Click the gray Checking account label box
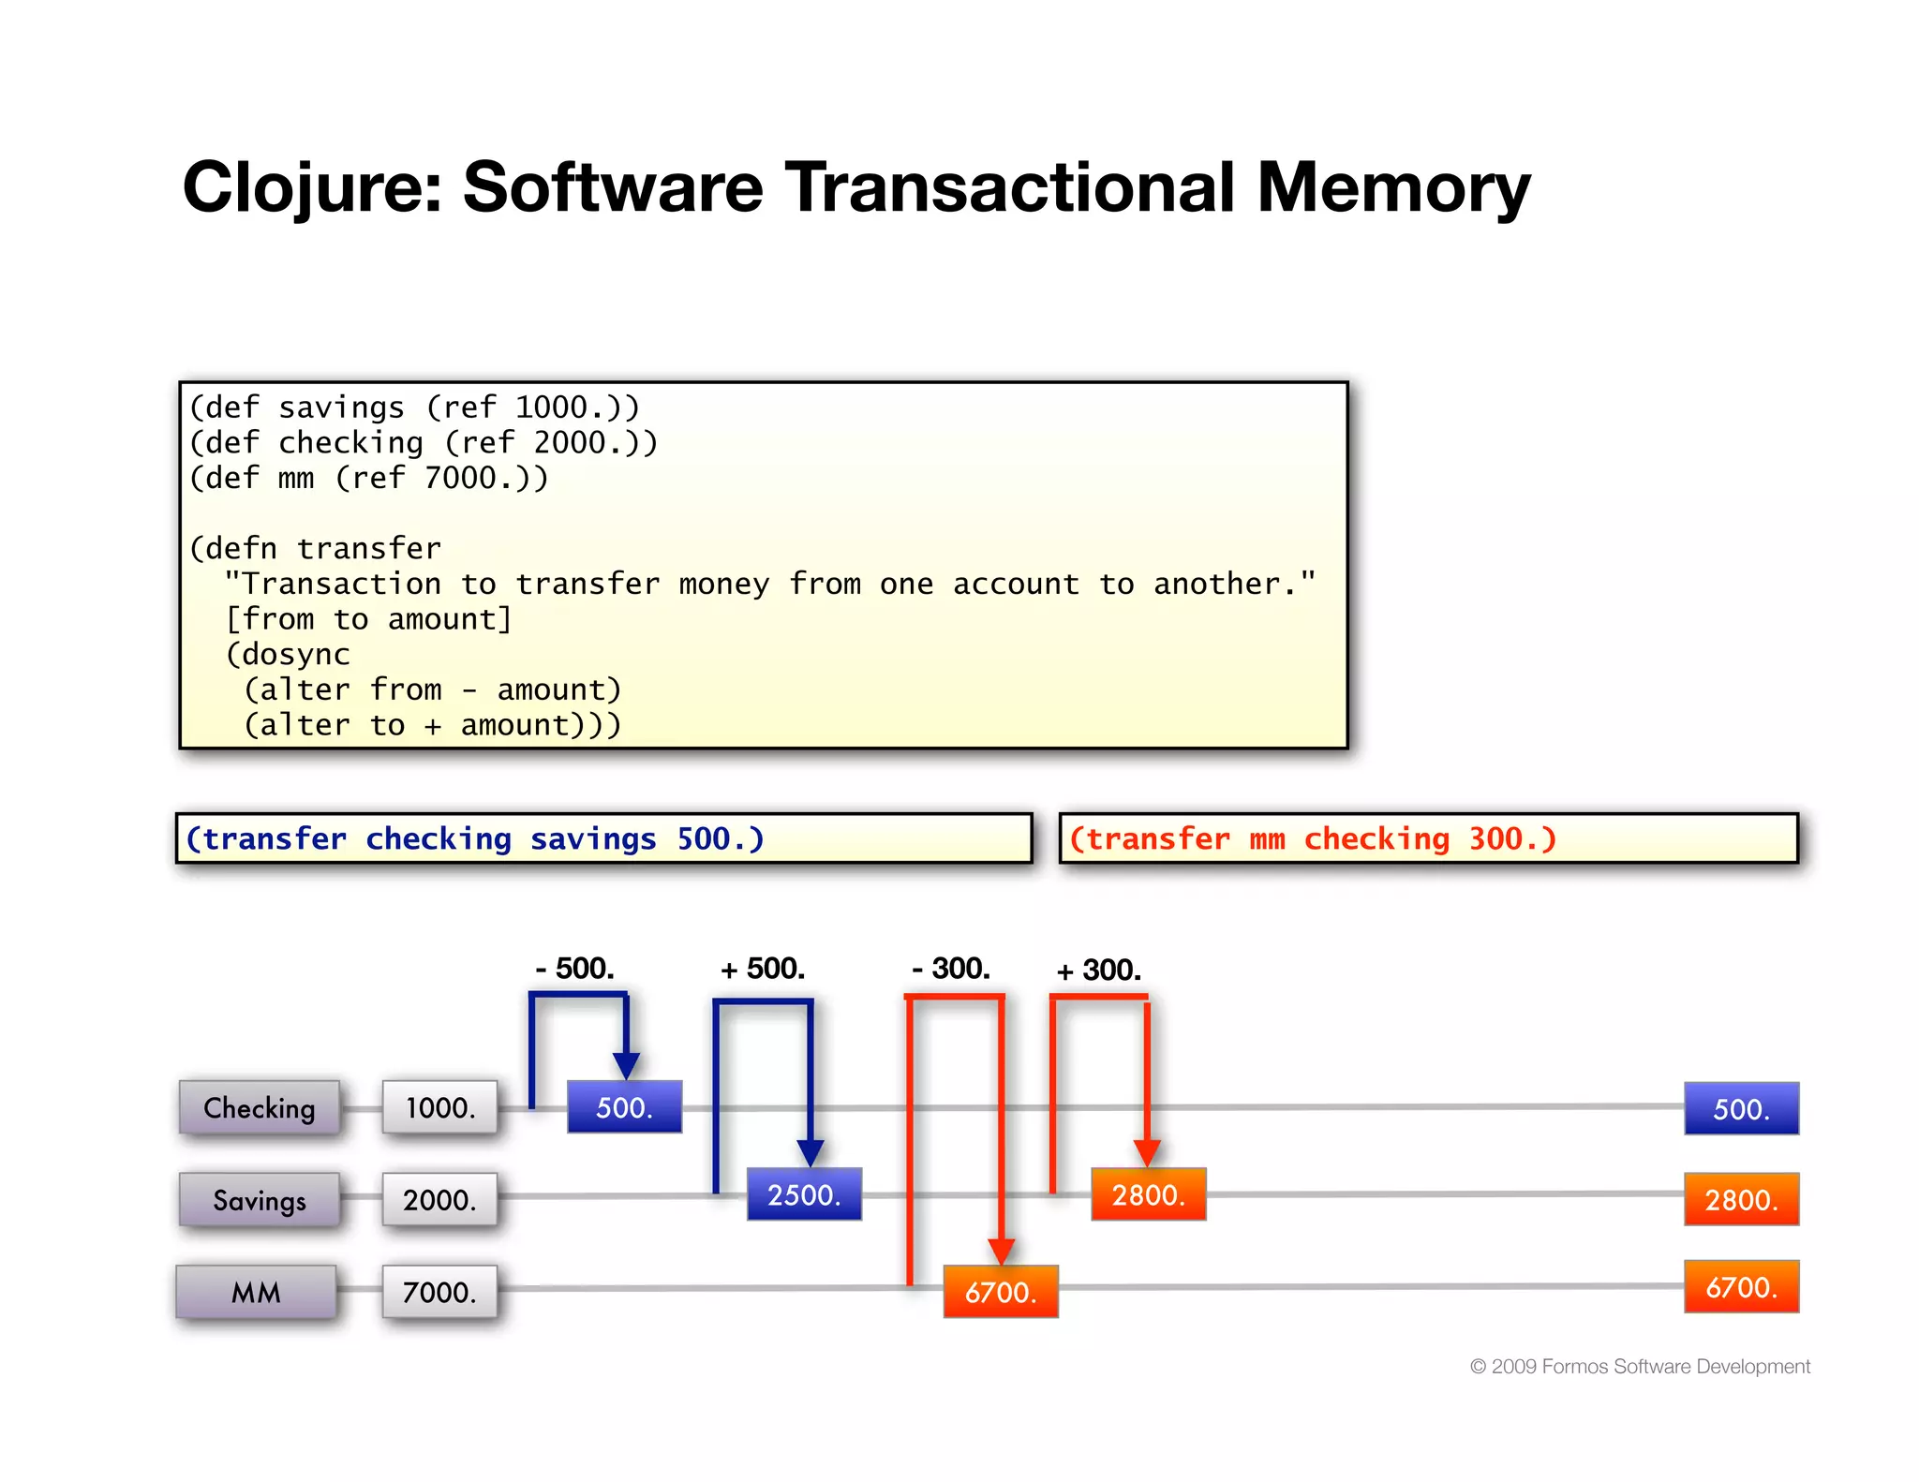coord(260,1107)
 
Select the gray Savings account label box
coord(260,1200)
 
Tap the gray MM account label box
coord(256,1292)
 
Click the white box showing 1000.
coord(439,1107)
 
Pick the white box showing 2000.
coord(439,1200)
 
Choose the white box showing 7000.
coord(439,1292)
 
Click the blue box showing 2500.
coord(804,1194)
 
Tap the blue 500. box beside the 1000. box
coord(624,1107)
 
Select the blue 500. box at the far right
coord(1741,1109)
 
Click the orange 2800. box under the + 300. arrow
coord(1148,1194)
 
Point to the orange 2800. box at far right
coord(1741,1200)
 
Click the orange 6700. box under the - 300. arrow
coord(1001,1292)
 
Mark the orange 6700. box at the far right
coord(1741,1287)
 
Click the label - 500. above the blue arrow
coord(574,969)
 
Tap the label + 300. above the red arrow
coord(1098,971)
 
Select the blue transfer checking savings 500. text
coord(475,838)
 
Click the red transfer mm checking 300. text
coord(1312,838)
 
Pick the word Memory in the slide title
coord(1392,187)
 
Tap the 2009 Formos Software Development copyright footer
coord(1640,1367)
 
